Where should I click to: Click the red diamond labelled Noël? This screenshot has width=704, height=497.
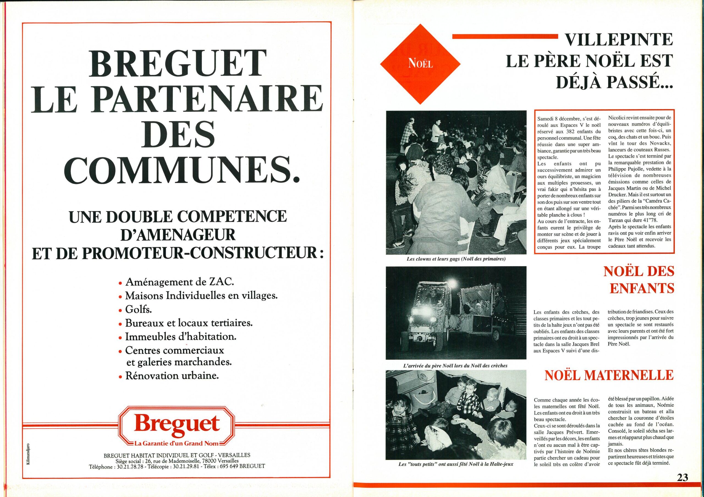coord(421,63)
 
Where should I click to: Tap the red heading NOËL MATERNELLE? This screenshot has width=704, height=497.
coord(609,375)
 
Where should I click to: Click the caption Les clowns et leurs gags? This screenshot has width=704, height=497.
coord(456,259)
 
